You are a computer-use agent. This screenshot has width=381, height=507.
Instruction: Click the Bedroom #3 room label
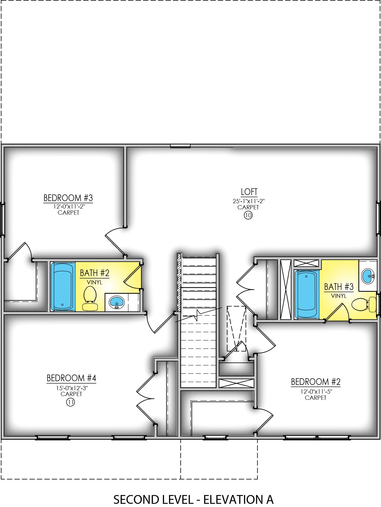click(68, 198)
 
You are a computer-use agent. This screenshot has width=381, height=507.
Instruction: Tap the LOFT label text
click(249, 192)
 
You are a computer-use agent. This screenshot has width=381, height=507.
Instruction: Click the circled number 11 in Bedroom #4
click(70, 402)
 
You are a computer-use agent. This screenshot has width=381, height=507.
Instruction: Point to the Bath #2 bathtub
click(63, 286)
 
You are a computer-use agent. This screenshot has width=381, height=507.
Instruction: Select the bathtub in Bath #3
click(307, 294)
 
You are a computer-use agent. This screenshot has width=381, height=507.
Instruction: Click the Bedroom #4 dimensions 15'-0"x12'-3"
click(72, 388)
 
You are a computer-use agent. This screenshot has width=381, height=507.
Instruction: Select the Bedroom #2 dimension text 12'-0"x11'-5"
click(316, 392)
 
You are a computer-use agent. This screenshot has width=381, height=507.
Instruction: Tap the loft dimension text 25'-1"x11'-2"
click(249, 201)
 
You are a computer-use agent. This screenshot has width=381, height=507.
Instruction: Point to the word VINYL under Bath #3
click(339, 296)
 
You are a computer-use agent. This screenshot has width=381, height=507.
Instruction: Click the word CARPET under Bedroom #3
click(68, 213)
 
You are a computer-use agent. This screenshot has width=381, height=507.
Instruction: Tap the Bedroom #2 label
click(316, 382)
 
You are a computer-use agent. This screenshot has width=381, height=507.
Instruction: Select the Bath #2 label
click(95, 273)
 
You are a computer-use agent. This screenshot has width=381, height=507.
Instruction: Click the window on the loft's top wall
click(180, 146)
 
